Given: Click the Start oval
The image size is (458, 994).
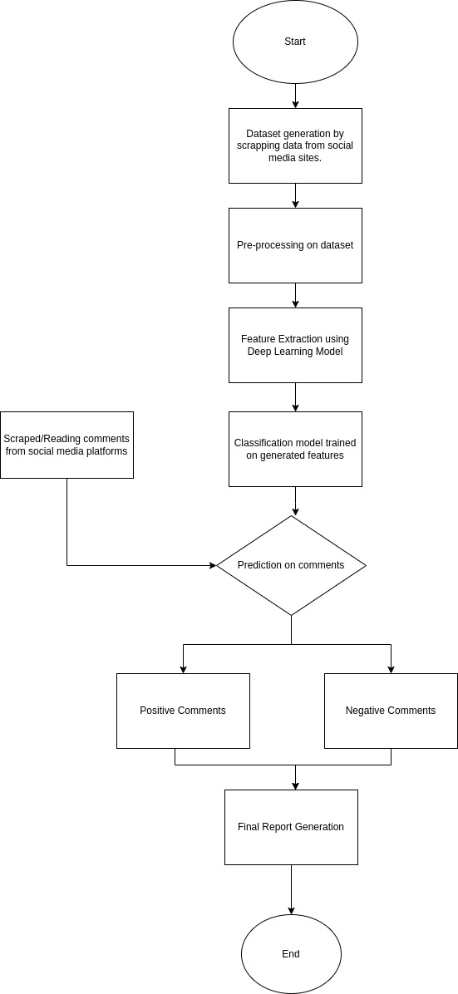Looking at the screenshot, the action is [295, 42].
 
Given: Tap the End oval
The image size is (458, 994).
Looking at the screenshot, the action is [291, 953].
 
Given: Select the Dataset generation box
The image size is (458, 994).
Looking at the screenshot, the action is [296, 145].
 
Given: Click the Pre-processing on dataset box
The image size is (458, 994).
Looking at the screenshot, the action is [296, 245].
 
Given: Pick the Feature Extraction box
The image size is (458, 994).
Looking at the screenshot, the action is [296, 346].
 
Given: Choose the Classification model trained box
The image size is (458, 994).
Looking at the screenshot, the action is [296, 450].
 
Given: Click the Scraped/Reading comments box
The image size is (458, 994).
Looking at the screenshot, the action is [66, 445].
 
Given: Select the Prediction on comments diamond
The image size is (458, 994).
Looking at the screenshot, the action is [291, 565].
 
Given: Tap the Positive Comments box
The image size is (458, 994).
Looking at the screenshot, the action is [184, 711].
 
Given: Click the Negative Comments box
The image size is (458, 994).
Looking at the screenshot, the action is [391, 711].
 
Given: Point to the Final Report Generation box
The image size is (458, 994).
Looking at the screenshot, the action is [291, 827].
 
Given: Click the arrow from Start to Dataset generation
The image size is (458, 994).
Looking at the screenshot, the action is [295, 96].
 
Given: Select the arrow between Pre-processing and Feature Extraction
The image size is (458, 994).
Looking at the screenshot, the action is [296, 295].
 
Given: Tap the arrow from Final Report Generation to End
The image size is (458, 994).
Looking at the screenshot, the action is [291, 890].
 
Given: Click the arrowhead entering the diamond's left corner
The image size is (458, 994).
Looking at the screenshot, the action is [213, 565].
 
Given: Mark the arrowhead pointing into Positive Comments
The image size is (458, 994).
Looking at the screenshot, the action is [184, 669].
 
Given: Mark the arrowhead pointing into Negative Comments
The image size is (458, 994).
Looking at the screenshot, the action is [391, 669].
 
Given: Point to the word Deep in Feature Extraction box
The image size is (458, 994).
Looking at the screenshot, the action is [259, 352].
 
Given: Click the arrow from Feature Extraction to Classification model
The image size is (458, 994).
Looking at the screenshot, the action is [296, 397].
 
